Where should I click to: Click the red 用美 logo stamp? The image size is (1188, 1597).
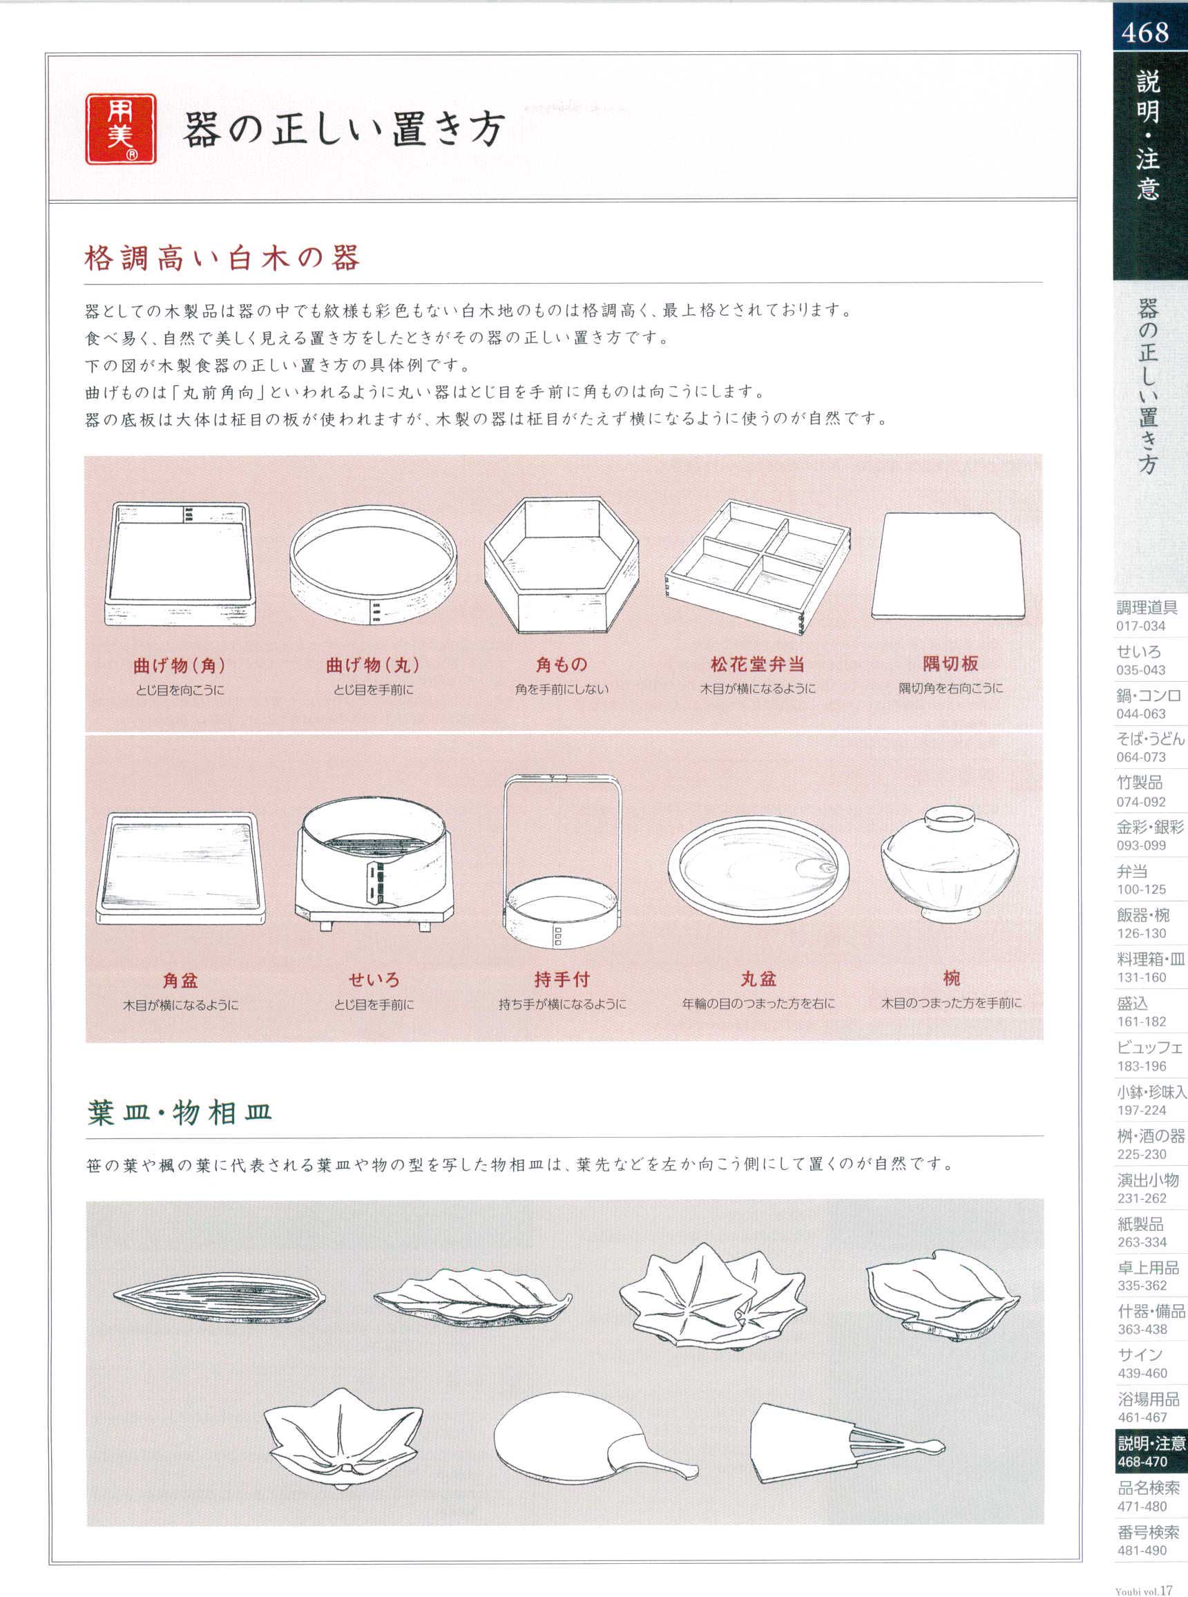pos(121,129)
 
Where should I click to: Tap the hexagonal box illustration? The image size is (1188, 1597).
pos(562,565)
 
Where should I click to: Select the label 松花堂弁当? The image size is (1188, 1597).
pos(757,664)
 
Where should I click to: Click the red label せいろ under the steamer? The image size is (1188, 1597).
pos(374,979)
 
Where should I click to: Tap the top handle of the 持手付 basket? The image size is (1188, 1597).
pos(562,777)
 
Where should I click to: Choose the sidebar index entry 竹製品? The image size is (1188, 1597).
pos(1140,783)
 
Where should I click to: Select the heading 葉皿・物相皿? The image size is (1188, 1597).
pos(180,1112)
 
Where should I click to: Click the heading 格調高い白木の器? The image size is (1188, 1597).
pos(222,258)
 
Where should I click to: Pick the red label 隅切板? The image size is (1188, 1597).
pos(950,663)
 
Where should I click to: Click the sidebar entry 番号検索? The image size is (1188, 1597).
pos(1148,1531)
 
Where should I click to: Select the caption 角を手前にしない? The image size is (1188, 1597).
pos(562,689)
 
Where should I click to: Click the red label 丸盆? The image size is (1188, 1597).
pos(758,979)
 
